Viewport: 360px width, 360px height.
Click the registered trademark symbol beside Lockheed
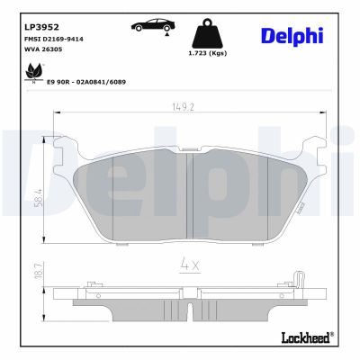(x=331, y=333)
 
